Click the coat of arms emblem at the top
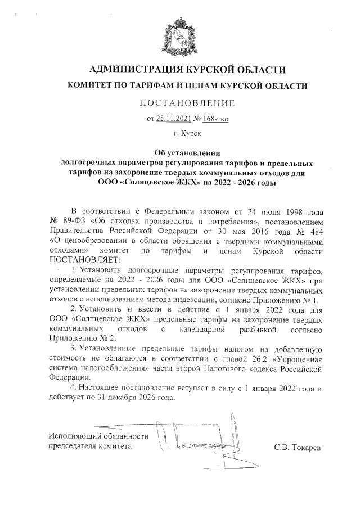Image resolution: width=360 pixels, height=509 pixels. pos(180,33)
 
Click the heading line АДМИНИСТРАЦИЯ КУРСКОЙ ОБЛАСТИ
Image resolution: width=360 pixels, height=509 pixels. pos(180,70)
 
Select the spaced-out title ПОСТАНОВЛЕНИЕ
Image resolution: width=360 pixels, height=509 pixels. pos(180,103)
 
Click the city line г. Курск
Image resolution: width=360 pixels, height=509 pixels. pos(180,134)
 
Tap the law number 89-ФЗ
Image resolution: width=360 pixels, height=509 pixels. pos(72,222)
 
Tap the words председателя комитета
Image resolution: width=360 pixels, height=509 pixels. pos(90,447)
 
